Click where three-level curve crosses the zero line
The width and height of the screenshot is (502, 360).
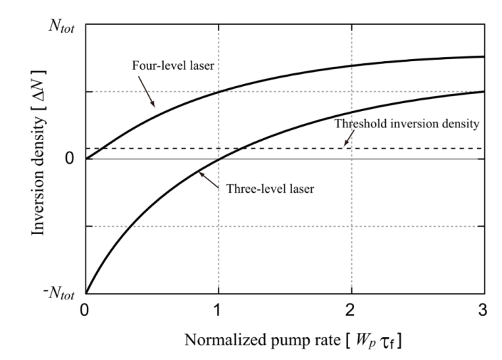219,158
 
